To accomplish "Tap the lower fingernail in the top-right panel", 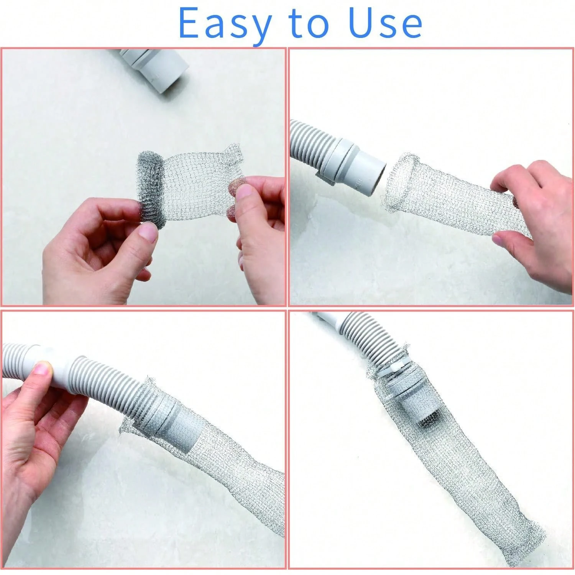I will tap(497, 240).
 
